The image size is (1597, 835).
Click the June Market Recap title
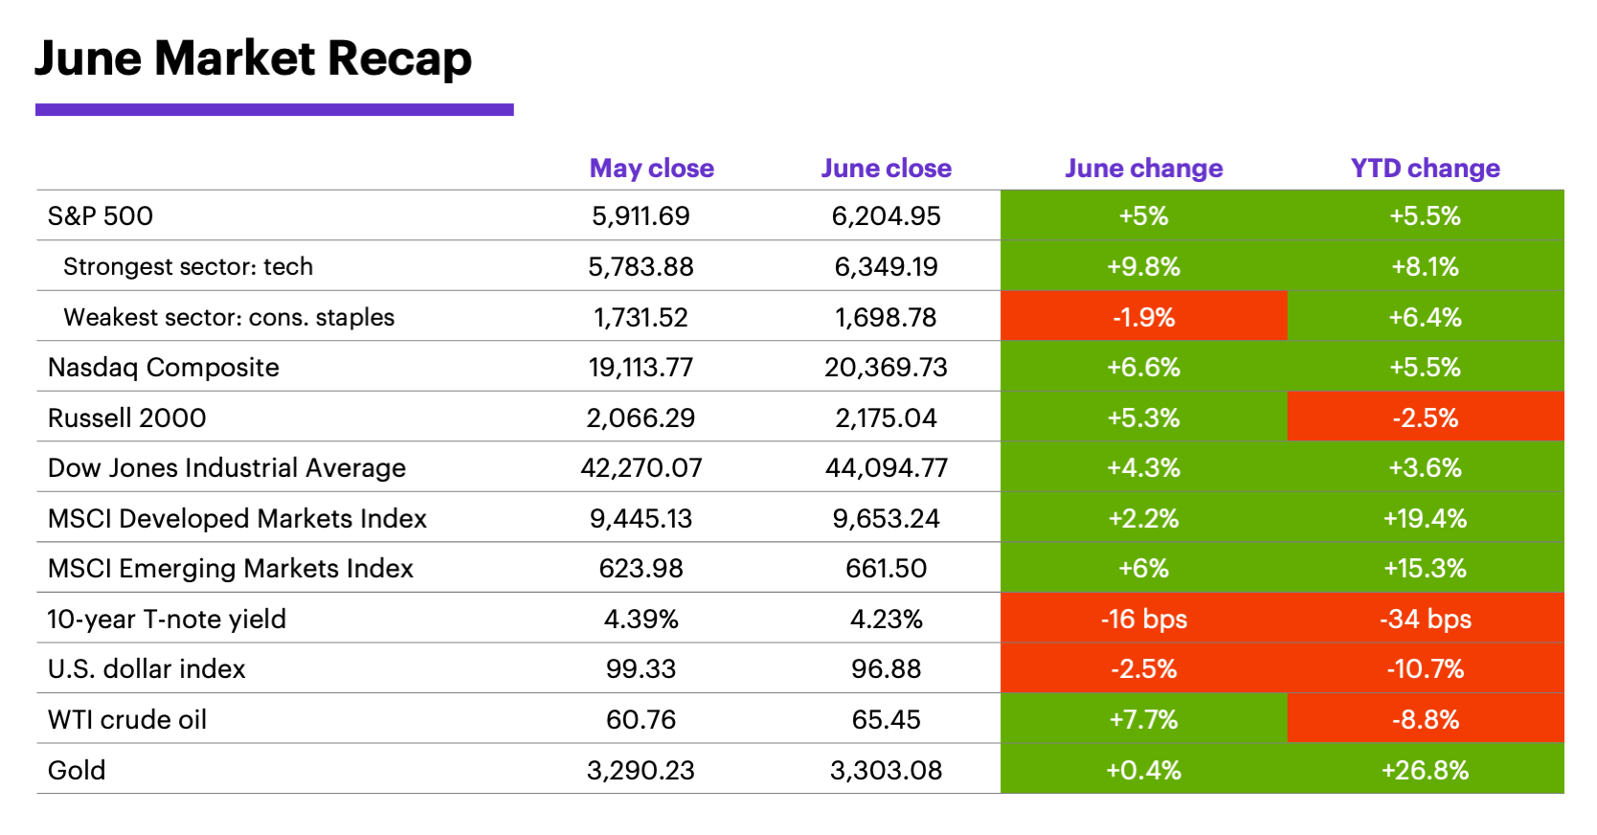[253, 58]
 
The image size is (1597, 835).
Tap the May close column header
[651, 169]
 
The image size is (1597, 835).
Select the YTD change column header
[1425, 169]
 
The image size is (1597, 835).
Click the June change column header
[1143, 169]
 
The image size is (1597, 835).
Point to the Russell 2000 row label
[127, 417]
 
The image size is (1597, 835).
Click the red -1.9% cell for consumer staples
[1143, 317]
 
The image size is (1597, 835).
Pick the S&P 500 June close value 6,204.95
[886, 215]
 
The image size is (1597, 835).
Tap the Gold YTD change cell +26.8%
[1425, 770]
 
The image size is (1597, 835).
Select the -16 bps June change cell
[1143, 619]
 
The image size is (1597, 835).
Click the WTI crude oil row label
[127, 719]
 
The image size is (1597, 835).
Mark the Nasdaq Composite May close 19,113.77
[641, 367]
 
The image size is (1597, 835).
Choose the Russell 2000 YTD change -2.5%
[1425, 417]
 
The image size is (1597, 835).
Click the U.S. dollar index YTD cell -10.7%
[1425, 668]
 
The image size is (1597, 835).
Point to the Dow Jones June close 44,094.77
[886, 467]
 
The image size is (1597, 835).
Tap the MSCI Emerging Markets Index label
[231, 568]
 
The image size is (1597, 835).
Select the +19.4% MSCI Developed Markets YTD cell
[1425, 518]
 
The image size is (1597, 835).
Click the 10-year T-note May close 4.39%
[641, 619]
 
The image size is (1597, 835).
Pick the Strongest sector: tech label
[188, 266]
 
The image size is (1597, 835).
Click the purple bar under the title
[274, 110]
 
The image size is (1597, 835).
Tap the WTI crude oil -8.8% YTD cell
[1425, 719]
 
